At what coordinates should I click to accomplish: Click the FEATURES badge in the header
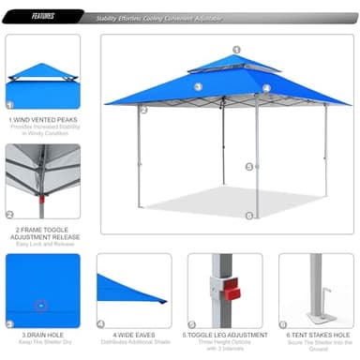(42, 16)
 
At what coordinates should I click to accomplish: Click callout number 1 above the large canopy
(236, 50)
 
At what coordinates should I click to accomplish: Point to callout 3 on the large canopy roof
(198, 87)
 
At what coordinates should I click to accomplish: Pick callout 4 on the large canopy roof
(266, 88)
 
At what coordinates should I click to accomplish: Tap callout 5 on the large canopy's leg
(249, 167)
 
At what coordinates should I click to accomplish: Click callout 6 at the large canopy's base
(249, 215)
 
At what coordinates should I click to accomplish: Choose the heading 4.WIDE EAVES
(133, 333)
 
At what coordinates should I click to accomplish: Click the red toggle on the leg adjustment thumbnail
(232, 293)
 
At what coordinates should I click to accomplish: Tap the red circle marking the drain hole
(40, 305)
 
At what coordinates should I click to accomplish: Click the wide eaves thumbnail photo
(133, 290)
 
